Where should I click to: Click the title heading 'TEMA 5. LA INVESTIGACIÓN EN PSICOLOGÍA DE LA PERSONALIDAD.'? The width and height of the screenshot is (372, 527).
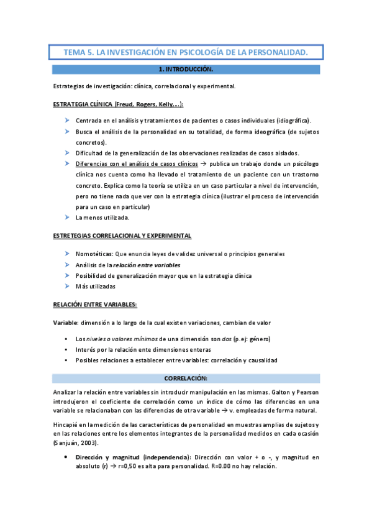tap(186, 53)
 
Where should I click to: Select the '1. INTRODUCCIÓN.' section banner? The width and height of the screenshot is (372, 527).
tap(186, 70)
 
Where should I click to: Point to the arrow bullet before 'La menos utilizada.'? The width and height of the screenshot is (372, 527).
tap(67, 218)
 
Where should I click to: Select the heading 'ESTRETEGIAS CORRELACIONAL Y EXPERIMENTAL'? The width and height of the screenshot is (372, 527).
tap(122, 236)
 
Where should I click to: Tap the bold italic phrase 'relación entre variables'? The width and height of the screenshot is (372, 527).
tap(153, 265)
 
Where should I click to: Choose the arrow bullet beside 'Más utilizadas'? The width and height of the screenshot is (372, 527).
tap(67, 286)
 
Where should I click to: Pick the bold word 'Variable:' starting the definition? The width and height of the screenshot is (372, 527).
tap(65, 323)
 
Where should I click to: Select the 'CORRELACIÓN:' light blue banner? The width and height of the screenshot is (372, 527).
tap(186, 378)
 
